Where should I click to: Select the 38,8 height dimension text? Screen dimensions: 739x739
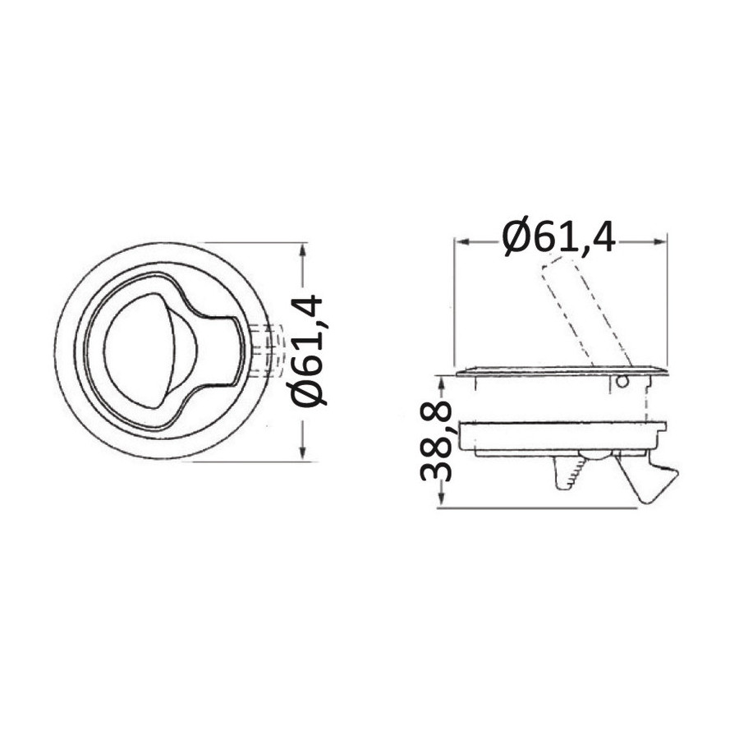point(436,441)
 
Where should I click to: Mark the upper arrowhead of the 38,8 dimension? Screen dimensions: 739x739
point(441,383)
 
